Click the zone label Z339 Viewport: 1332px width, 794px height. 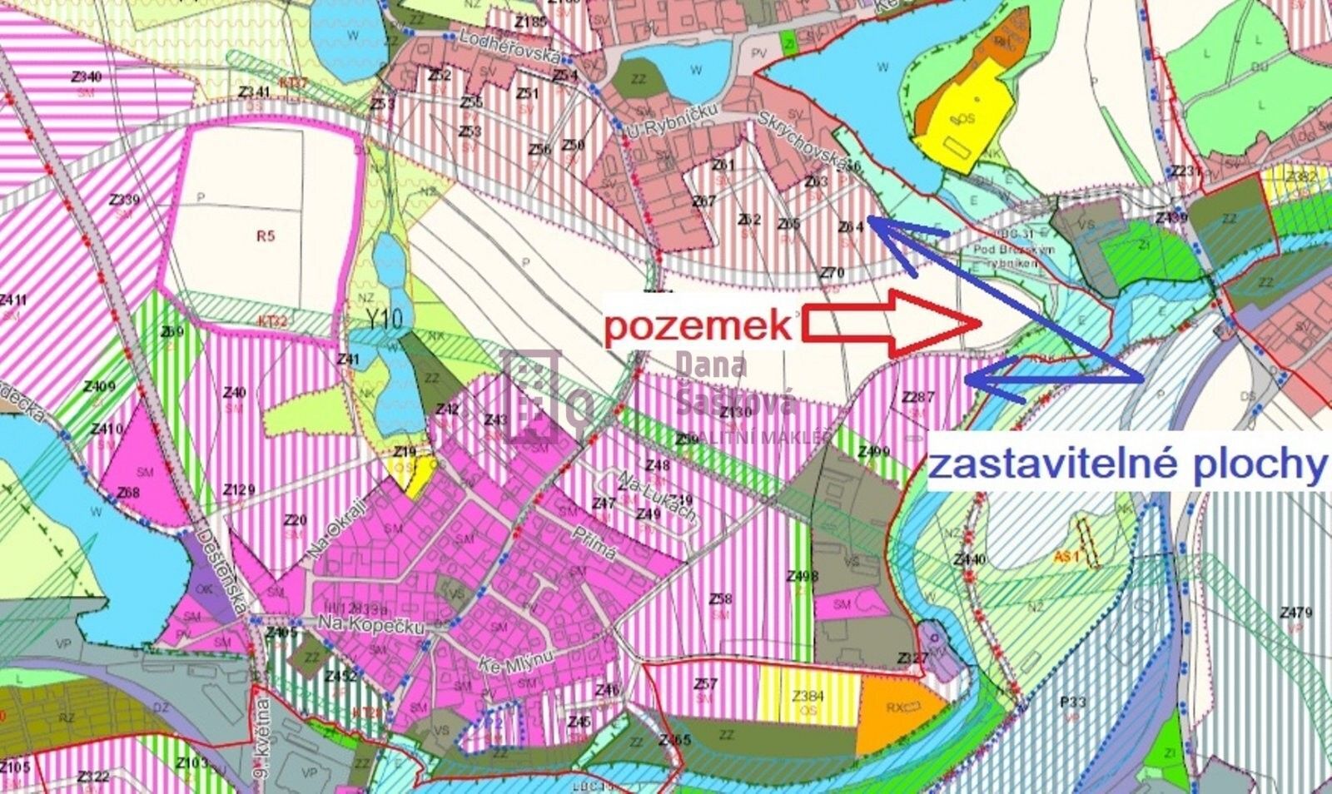(124, 201)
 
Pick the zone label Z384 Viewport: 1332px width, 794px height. (808, 696)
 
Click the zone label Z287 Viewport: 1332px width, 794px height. (918, 398)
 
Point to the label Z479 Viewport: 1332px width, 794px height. (1296, 613)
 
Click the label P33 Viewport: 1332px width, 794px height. (1074, 702)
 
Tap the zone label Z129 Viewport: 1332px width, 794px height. (239, 489)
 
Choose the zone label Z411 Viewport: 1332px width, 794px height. (13, 300)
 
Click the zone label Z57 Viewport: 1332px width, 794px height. (705, 684)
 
